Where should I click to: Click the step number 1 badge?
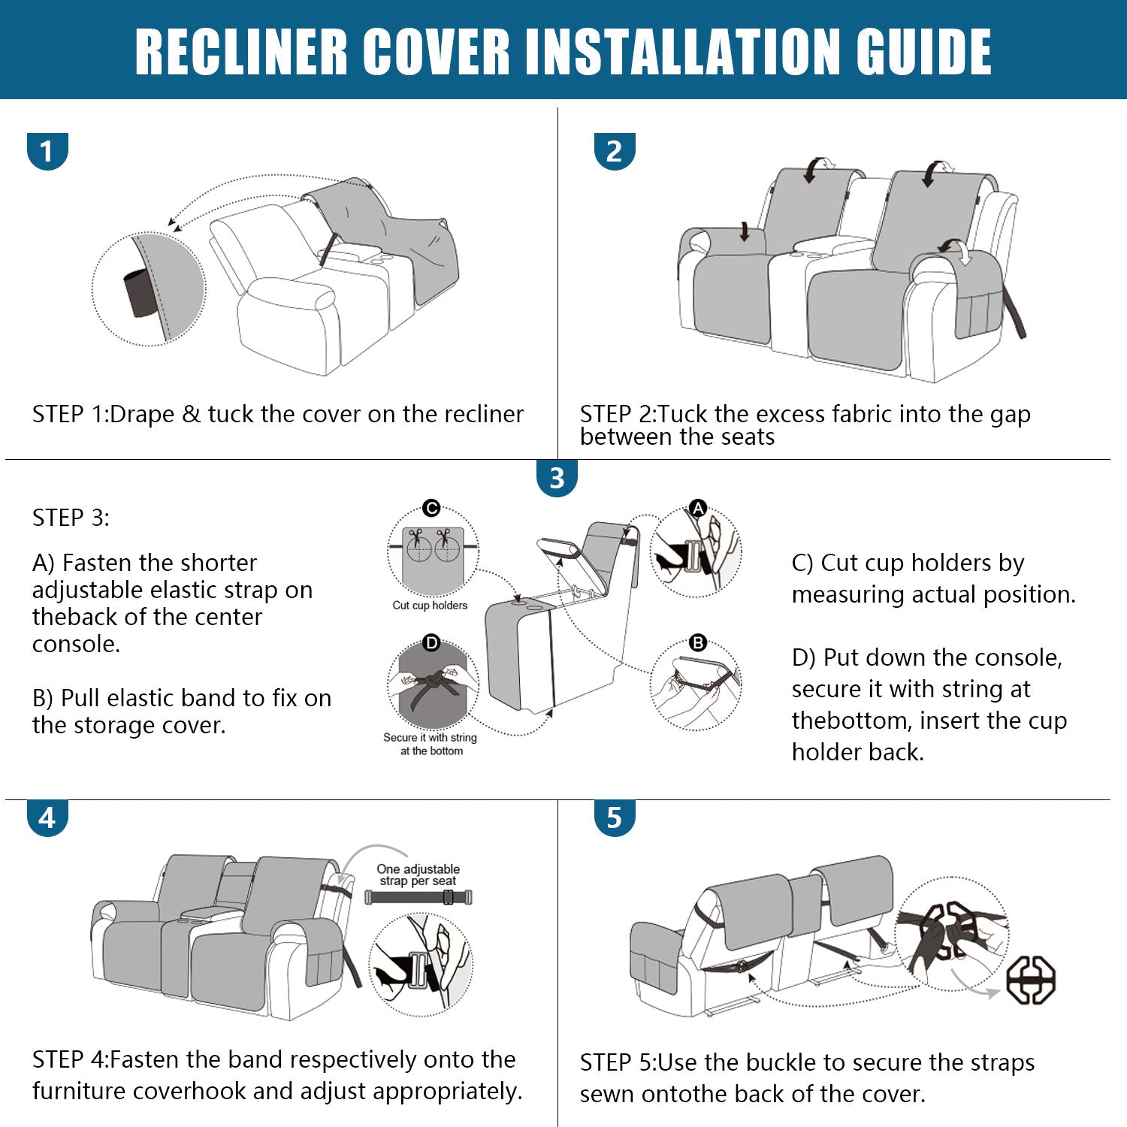(47, 151)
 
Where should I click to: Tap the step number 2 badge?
(615, 151)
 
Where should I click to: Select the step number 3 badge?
(557, 478)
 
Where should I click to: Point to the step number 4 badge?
(47, 817)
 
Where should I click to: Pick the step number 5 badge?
(615, 817)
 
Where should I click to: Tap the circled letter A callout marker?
(699, 508)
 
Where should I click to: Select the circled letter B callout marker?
(698, 643)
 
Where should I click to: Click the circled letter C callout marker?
(431, 509)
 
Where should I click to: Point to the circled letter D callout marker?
(431, 643)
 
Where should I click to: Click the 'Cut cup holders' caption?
(430, 606)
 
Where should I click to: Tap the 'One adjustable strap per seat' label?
(418, 875)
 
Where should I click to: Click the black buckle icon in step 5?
(1031, 980)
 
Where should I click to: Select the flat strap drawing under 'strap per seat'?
(418, 897)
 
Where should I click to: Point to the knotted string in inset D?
(431, 685)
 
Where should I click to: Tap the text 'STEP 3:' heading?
(71, 518)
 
